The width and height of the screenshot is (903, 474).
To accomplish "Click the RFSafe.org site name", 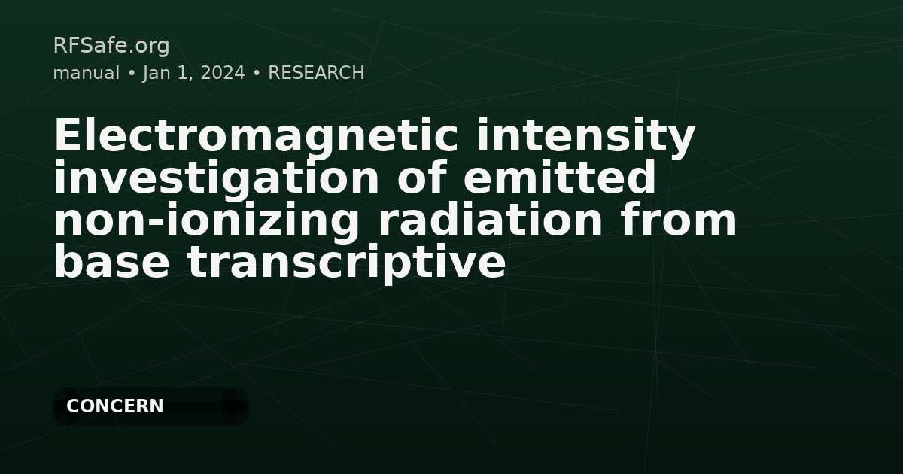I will click(x=111, y=46).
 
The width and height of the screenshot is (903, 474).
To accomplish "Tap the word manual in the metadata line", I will click(x=86, y=73).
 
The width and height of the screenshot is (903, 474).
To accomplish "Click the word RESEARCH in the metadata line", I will click(x=316, y=73).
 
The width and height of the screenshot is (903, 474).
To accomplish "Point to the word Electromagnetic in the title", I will click(x=255, y=136).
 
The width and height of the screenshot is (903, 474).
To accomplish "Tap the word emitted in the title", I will click(x=560, y=178).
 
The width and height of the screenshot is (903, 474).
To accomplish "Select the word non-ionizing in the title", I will click(x=208, y=220).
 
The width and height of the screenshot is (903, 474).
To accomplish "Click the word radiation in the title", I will click(x=490, y=220).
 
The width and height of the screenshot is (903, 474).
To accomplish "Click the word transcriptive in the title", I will click(x=346, y=263).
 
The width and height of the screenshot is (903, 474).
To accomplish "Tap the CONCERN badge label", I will click(x=114, y=406).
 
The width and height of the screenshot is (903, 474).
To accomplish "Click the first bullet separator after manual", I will click(x=131, y=73).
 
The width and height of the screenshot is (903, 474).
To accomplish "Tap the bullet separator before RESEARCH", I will click(x=257, y=73).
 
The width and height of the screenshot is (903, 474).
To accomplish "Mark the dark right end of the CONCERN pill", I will click(x=235, y=406).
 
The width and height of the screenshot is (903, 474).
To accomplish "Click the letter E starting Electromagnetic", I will click(x=66, y=136).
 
